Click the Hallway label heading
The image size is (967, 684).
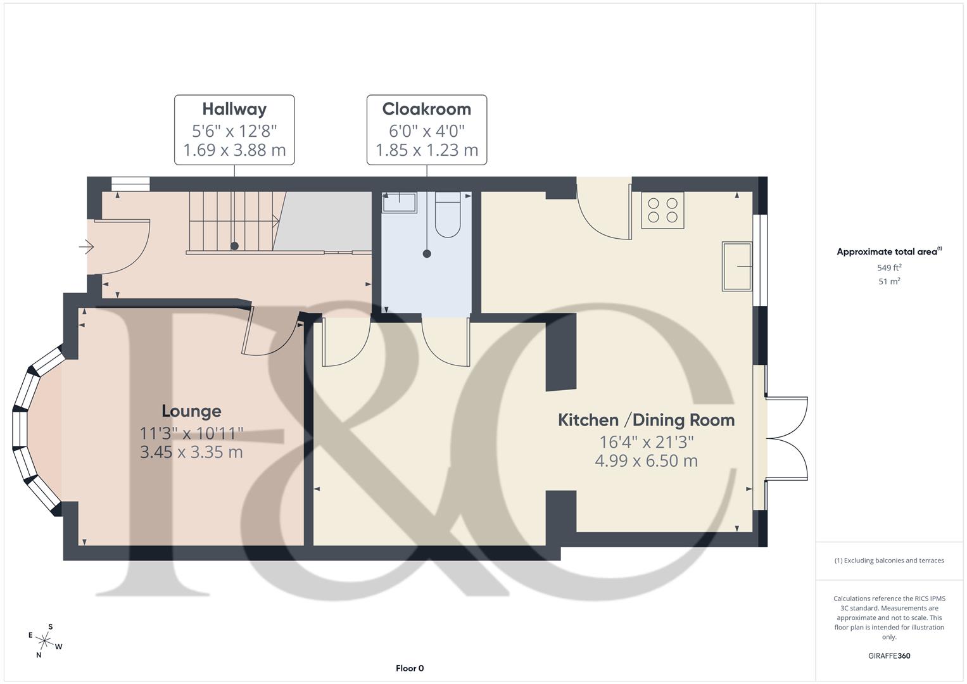tap(234, 109)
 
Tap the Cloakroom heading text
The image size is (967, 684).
tap(426, 109)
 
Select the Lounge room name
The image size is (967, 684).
tap(191, 411)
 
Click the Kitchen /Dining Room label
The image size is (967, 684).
tap(646, 420)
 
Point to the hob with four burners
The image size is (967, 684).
tap(662, 210)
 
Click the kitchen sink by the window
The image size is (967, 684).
tap(737, 266)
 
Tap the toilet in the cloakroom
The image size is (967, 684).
tap(448, 215)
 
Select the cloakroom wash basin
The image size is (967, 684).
tap(399, 202)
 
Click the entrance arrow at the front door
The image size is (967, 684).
tap(86, 246)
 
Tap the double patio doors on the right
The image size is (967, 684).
tap(787, 438)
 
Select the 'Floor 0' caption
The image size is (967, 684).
tap(410, 668)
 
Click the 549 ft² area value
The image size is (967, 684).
tap(889, 267)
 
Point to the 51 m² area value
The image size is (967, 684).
tap(889, 282)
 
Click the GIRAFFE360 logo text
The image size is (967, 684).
tap(889, 655)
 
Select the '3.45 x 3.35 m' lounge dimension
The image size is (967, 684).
tap(191, 452)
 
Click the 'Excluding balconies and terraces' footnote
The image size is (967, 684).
tap(889, 560)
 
